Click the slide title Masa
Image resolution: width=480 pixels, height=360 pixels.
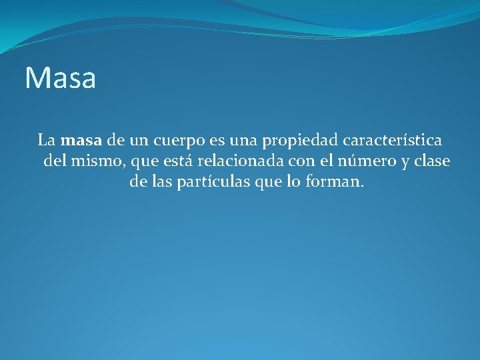coord(61,78)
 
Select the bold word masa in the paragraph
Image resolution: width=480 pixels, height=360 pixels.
coord(81,141)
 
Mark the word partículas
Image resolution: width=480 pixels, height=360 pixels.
coord(214,182)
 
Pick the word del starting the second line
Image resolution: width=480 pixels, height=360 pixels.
coord(55,161)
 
